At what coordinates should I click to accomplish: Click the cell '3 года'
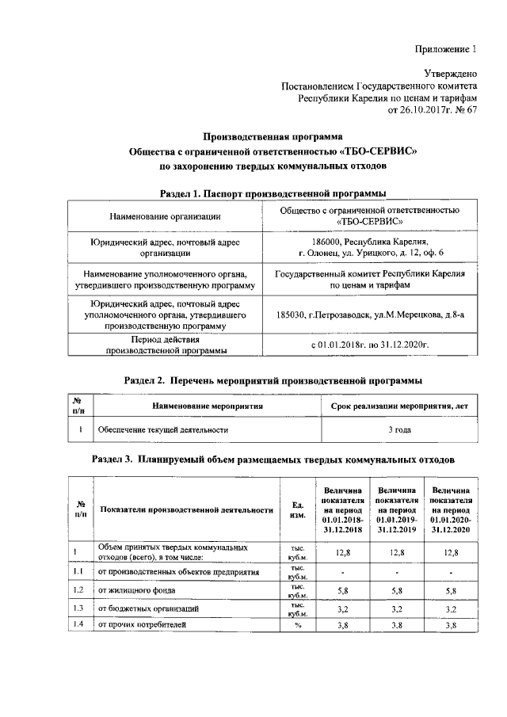click(x=398, y=429)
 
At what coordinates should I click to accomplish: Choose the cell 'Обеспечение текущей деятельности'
click(x=163, y=429)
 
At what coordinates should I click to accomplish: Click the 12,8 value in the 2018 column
click(x=343, y=551)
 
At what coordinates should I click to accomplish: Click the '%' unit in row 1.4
click(x=299, y=626)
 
